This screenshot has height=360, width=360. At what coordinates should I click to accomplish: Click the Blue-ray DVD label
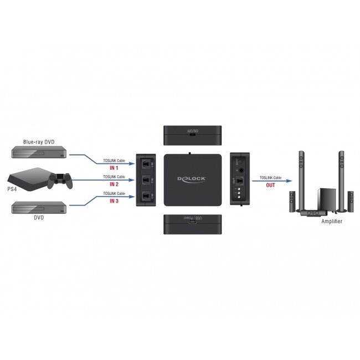[38, 142]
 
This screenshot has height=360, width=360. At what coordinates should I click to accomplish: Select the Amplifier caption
[332, 221]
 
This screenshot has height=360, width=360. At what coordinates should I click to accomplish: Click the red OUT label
[270, 185]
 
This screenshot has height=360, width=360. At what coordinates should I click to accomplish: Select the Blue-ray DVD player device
[38, 153]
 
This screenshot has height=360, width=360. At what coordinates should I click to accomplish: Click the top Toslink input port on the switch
[146, 164]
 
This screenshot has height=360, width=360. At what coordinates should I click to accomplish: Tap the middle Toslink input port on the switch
[146, 180]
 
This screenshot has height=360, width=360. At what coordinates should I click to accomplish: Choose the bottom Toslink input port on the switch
[146, 196]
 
